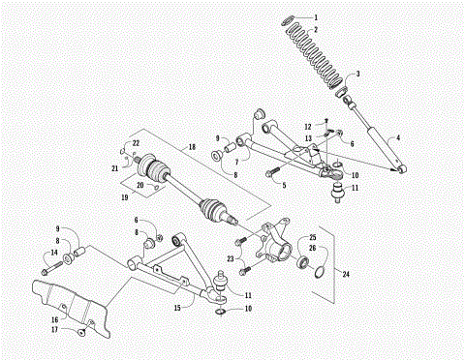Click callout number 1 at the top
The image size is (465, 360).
pyautogui.click(x=340, y=17)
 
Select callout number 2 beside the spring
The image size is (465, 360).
pyautogui.click(x=340, y=29)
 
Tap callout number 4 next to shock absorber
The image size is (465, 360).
pyautogui.click(x=397, y=138)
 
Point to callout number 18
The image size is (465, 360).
pyautogui.click(x=191, y=146)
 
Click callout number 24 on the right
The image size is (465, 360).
pyautogui.click(x=341, y=274)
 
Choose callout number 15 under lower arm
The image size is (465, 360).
pyautogui.click(x=177, y=308)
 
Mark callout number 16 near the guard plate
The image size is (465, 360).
pyautogui.click(x=53, y=317)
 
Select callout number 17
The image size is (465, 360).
pyautogui.click(x=53, y=331)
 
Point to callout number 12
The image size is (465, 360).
pyautogui.click(x=307, y=126)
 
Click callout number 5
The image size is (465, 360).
pyautogui.click(x=283, y=184)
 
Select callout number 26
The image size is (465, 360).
pyautogui.click(x=312, y=249)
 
